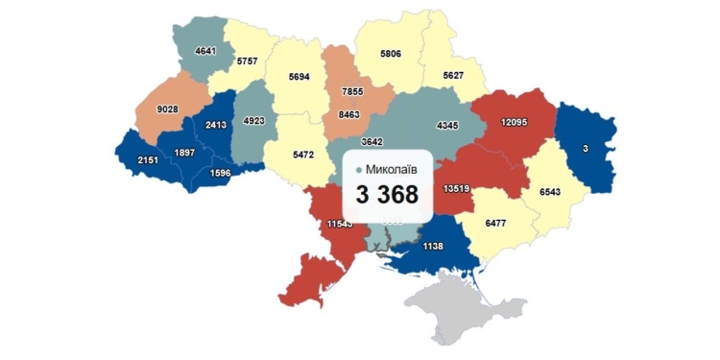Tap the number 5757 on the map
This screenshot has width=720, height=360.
point(249,60)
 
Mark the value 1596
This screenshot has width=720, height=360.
point(221,174)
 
